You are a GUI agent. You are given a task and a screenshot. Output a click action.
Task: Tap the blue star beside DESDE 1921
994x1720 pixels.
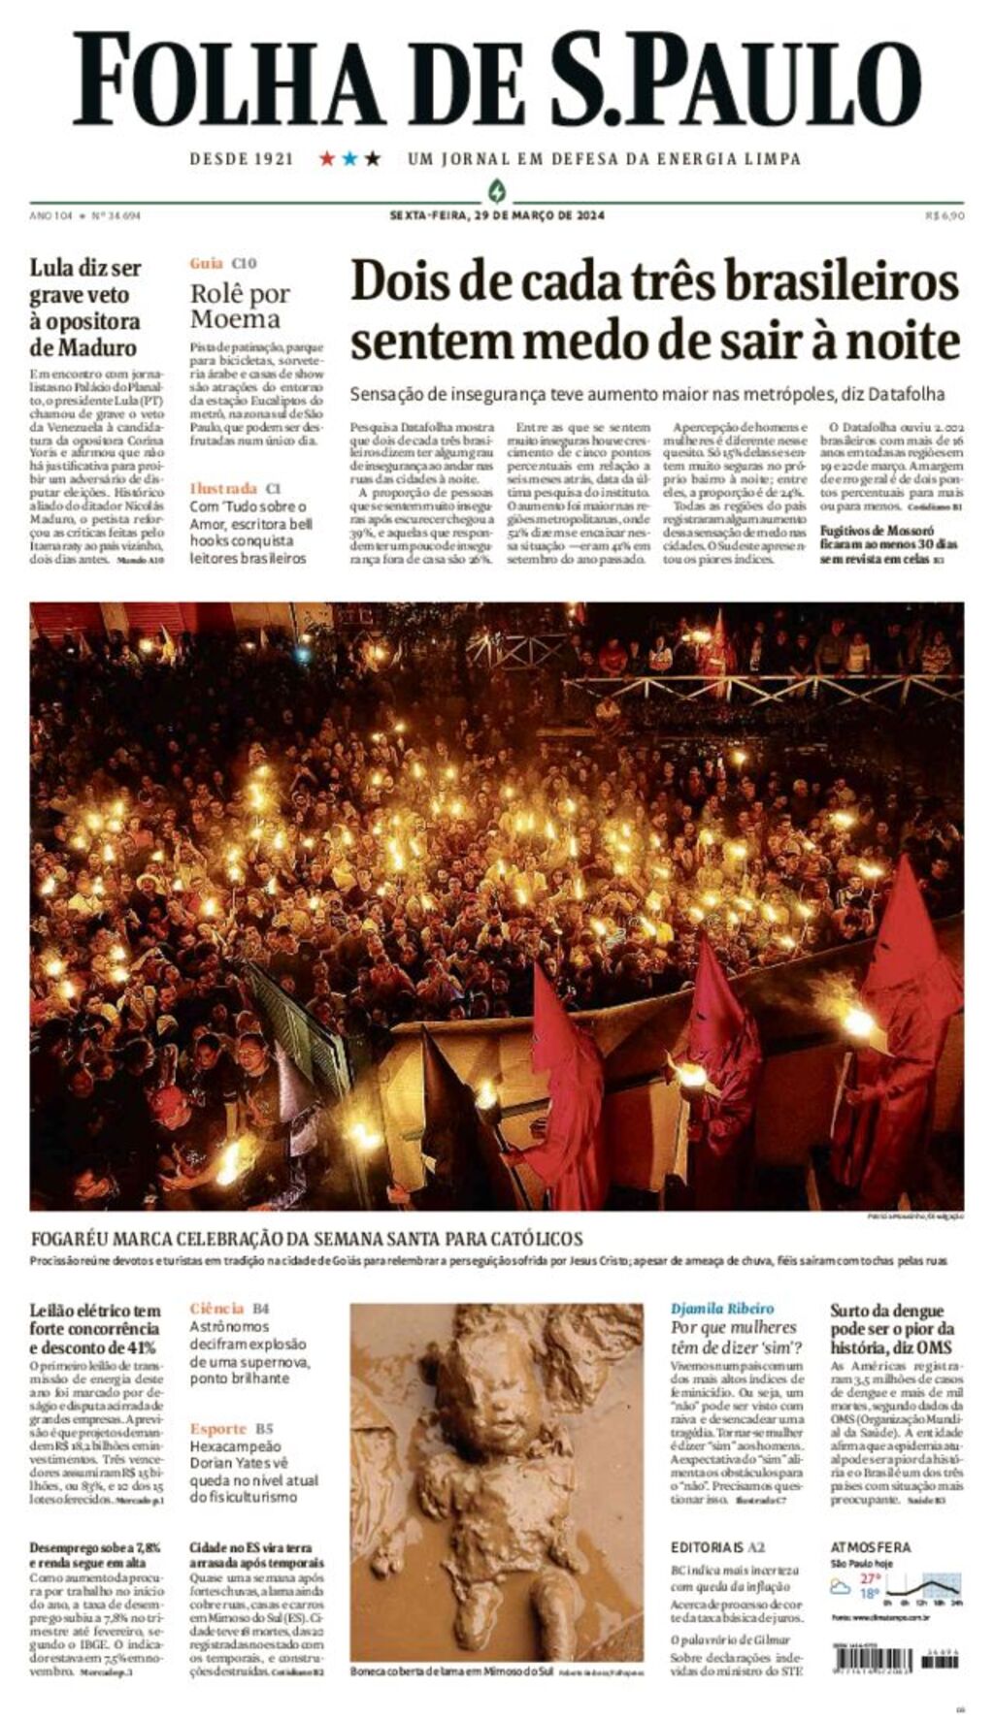click(349, 158)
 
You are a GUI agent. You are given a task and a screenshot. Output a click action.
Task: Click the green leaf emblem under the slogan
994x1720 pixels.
click(497, 190)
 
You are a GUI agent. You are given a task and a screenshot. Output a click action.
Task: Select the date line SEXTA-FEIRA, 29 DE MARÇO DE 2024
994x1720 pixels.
click(496, 215)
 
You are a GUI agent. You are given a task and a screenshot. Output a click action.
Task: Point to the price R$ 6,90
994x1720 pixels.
click(944, 215)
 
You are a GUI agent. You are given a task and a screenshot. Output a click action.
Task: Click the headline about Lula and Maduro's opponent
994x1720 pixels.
click(85, 308)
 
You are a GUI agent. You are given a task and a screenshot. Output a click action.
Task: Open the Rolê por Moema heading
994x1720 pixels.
click(240, 306)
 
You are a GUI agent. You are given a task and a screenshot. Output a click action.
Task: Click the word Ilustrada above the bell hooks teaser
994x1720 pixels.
click(223, 489)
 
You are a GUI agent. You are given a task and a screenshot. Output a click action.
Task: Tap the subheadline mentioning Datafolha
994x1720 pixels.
click(646, 394)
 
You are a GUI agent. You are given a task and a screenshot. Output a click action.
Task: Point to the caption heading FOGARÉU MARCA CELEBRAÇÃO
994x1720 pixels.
click(307, 1239)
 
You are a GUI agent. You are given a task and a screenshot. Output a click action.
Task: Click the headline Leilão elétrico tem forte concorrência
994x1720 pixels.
click(95, 1328)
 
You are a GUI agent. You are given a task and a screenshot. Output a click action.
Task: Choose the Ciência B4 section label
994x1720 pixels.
click(229, 1309)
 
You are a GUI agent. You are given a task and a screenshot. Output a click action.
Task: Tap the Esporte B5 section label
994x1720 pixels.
click(231, 1429)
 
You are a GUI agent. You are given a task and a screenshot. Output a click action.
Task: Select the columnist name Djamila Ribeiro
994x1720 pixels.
click(722, 1309)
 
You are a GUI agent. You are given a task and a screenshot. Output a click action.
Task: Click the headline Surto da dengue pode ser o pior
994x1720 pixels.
click(892, 1328)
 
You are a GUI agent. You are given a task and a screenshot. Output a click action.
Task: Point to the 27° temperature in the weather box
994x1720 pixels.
click(870, 1578)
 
